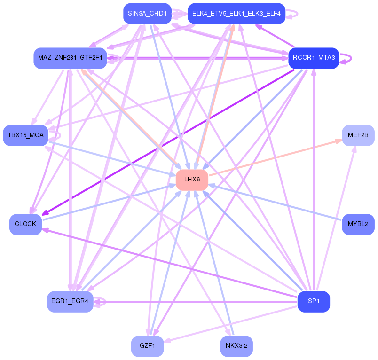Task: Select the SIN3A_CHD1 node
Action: point(148,14)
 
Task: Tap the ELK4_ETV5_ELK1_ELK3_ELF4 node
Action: point(236,14)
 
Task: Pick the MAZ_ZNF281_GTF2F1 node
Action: point(70,58)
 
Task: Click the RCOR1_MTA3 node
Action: point(314,58)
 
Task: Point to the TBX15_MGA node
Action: point(26,135)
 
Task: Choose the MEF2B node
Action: point(358,135)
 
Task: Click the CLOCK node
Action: point(26,224)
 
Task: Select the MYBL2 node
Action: point(358,224)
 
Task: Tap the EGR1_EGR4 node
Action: point(70,301)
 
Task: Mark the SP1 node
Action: point(314,301)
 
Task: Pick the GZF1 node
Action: point(148,346)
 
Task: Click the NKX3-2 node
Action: point(236,346)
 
